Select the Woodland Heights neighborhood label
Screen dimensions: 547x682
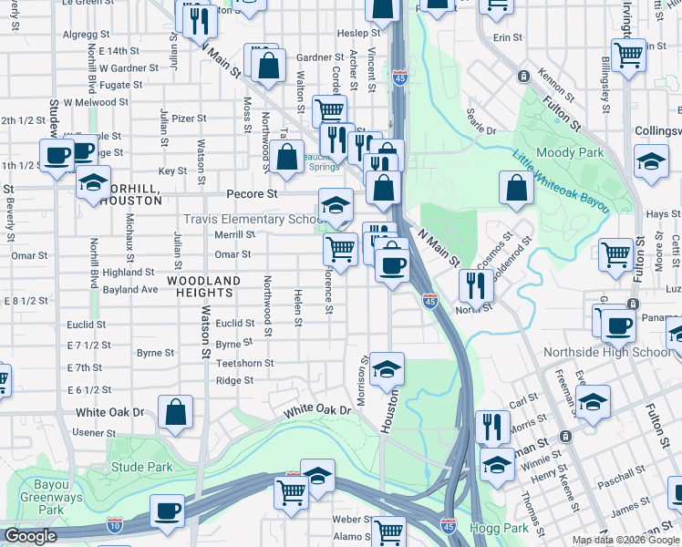[205, 286]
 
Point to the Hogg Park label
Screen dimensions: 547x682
[499, 527]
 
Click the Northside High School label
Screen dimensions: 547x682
[607, 353]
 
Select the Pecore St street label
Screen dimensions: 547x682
[252, 194]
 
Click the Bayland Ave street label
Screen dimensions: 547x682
[130, 290]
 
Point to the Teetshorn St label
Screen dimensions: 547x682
[244, 363]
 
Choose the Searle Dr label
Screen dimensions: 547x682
[480, 131]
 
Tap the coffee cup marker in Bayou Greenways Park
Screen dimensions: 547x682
[168, 511]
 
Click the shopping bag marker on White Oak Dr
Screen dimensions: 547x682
[175, 411]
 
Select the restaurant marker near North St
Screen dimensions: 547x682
[475, 286]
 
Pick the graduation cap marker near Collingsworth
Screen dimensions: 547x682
[650, 164]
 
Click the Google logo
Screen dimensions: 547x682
[31, 537]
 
